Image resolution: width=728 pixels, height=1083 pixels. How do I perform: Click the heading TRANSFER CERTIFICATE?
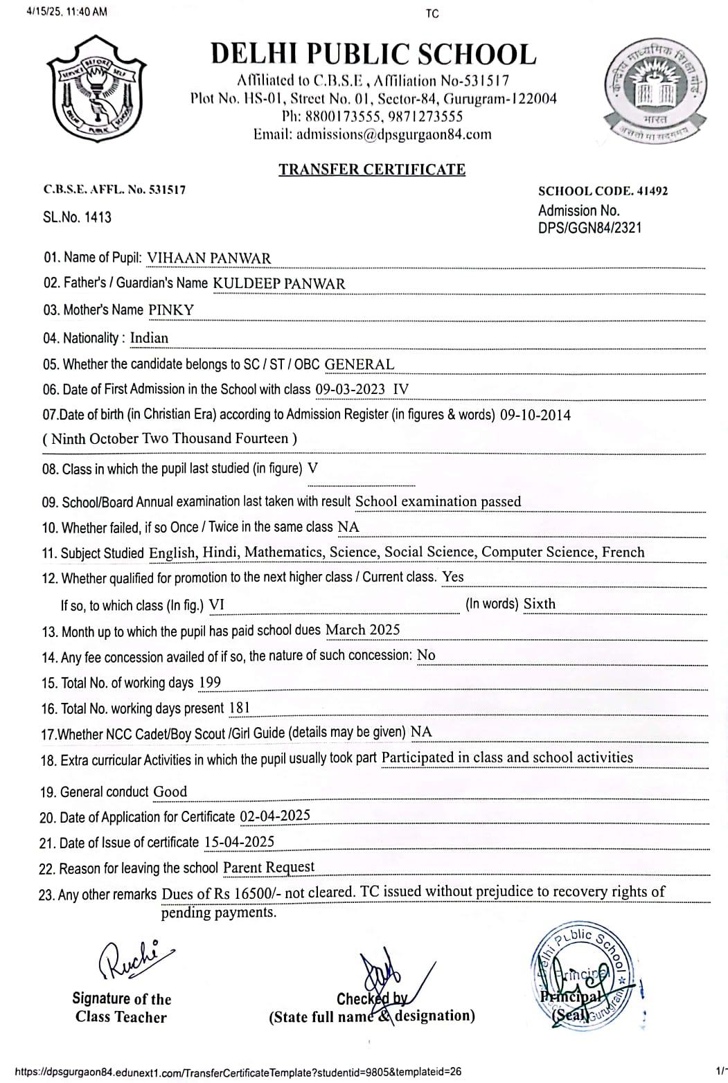pyautogui.click(x=372, y=170)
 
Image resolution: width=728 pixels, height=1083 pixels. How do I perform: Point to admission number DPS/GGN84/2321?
pyautogui.click(x=589, y=227)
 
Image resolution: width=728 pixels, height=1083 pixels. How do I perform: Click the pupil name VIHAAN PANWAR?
pyautogui.click(x=209, y=258)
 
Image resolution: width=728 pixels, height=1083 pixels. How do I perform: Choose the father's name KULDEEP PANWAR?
pyautogui.click(x=278, y=284)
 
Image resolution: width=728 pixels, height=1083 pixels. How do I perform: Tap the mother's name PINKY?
pyautogui.click(x=171, y=310)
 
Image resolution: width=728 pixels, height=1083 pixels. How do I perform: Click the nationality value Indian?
pyautogui.click(x=149, y=338)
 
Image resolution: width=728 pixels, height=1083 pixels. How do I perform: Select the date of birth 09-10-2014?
pyautogui.click(x=535, y=415)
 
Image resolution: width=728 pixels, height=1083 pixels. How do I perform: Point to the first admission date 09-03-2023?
pyautogui.click(x=350, y=389)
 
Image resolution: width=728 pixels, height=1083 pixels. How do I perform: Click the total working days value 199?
pyautogui.click(x=209, y=683)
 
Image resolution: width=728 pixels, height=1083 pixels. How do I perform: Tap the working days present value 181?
pyautogui.click(x=239, y=708)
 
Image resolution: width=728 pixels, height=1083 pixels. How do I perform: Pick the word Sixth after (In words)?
pyautogui.click(x=539, y=604)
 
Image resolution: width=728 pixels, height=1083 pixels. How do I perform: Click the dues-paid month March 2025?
pyautogui.click(x=362, y=630)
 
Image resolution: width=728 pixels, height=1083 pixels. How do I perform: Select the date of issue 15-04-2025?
pyautogui.click(x=239, y=843)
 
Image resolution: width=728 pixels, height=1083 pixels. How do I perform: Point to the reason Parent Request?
pyautogui.click(x=269, y=868)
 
